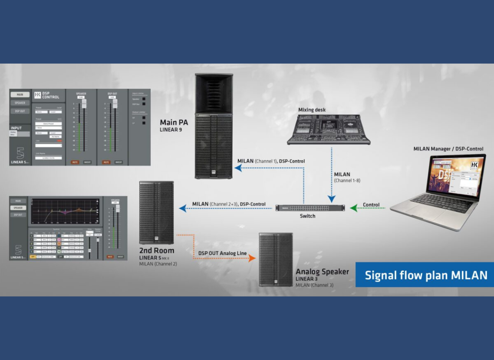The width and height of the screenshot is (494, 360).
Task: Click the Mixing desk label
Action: coord(312,110)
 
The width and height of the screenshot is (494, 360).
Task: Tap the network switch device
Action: coord(310,208)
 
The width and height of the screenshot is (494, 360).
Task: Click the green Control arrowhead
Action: coord(354,208)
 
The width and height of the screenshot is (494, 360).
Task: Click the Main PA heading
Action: coord(174,123)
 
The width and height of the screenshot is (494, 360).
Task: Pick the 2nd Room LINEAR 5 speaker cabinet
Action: coord(156,212)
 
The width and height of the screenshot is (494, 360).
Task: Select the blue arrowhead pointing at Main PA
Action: coord(237,168)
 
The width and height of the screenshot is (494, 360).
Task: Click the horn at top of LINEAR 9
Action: coord(213,93)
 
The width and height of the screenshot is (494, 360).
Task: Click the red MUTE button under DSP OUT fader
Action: coord(106,162)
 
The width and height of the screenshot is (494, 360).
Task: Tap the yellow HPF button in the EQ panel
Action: coord(32,257)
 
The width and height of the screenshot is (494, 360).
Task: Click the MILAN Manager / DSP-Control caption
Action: coord(448,149)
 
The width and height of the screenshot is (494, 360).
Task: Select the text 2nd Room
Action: coord(156,250)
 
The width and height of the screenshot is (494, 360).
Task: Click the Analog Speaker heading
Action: coord(322,272)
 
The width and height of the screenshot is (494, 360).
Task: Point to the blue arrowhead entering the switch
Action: coord(331,200)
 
